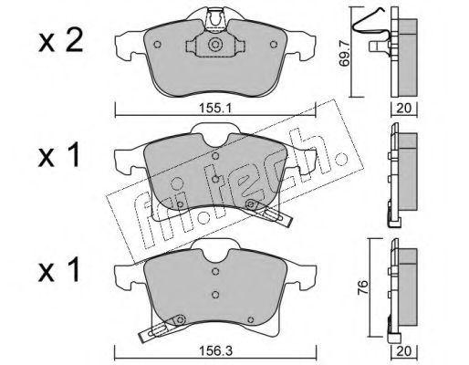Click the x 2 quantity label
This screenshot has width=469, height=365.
[x=60, y=42]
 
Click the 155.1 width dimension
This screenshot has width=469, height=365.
[x=215, y=108]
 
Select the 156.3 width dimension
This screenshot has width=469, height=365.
[x=215, y=351]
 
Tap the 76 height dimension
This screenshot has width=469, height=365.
[x=363, y=287]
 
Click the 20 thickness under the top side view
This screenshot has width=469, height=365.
[x=404, y=108]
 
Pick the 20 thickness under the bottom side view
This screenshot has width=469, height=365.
[x=404, y=351]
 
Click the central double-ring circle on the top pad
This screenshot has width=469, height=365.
[x=215, y=45]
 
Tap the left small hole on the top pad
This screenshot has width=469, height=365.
[x=157, y=45]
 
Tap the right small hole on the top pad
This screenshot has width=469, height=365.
[x=274, y=45]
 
